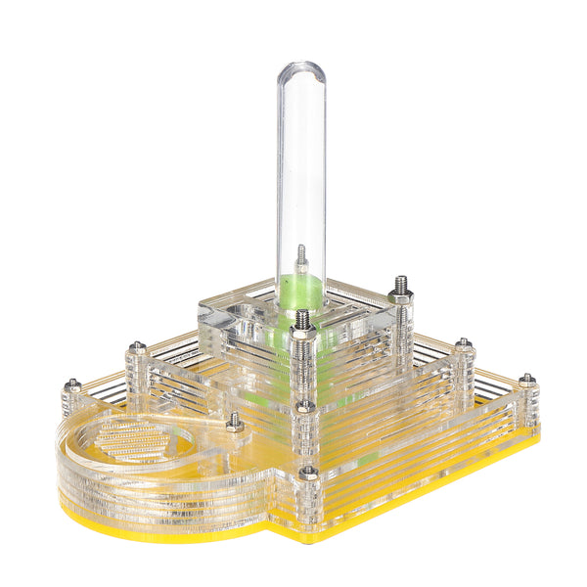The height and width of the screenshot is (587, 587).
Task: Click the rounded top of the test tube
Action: tap(300, 71)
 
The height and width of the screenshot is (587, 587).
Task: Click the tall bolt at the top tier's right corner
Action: tap(401, 286)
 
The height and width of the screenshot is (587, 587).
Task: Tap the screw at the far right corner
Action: tap(527, 379)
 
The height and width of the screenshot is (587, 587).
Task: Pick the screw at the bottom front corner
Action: tap(308, 473)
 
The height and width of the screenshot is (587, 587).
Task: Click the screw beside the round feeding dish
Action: tap(235, 422)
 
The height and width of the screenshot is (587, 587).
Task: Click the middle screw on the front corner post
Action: tap(305, 405)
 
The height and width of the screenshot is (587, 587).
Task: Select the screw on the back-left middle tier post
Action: tap(137, 347)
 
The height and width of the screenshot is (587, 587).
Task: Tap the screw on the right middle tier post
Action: tap(464, 344)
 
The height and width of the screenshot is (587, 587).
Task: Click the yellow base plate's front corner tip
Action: tap(309, 536)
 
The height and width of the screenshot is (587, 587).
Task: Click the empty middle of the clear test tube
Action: tap(300, 166)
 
